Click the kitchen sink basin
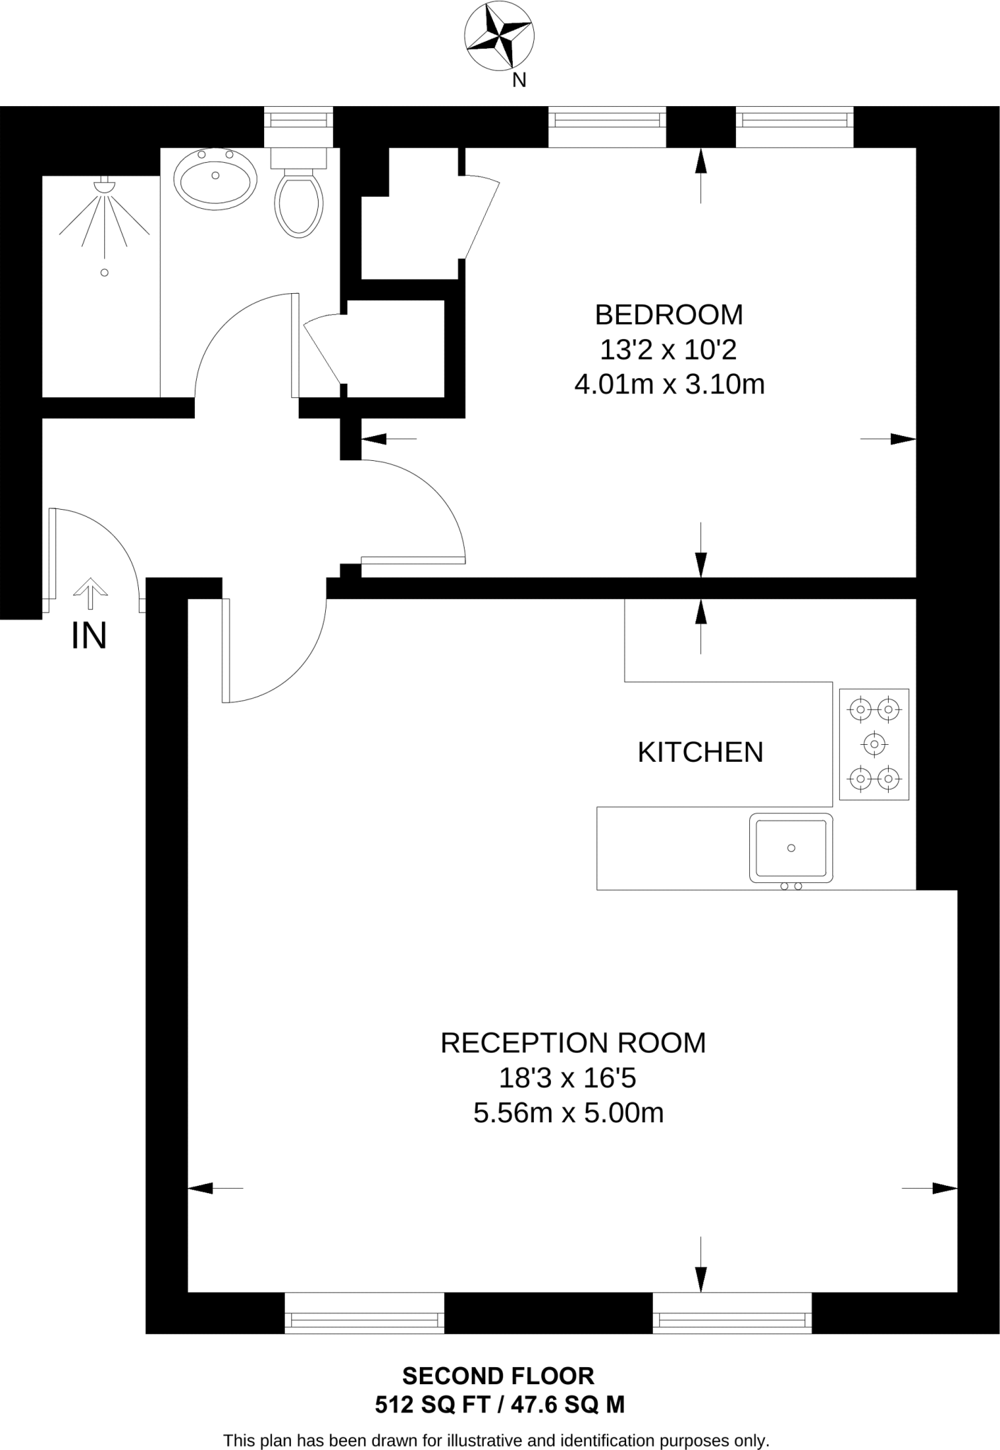click(791, 847)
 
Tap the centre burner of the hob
click(874, 744)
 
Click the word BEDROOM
click(669, 314)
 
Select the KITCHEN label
click(700, 752)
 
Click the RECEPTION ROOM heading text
click(573, 1043)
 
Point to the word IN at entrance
click(89, 635)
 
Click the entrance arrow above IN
click(90, 593)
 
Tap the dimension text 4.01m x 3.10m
click(669, 384)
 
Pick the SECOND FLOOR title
click(498, 1376)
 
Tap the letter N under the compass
click(519, 81)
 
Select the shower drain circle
click(104, 273)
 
